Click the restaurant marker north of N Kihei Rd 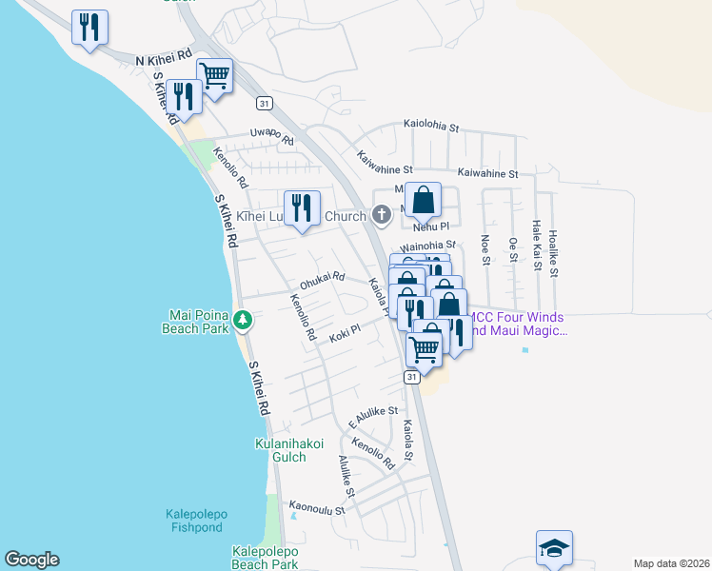click(x=89, y=28)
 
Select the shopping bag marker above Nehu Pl click(x=424, y=202)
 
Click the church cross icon click(x=381, y=215)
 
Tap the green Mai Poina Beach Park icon click(x=243, y=320)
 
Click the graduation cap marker click(x=554, y=549)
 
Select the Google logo click(x=31, y=560)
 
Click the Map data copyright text click(x=670, y=562)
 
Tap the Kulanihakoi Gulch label click(x=289, y=450)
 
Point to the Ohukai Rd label click(x=322, y=282)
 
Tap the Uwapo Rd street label click(x=272, y=134)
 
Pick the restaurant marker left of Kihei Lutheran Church click(x=303, y=208)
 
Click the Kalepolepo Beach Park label click(x=266, y=558)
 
